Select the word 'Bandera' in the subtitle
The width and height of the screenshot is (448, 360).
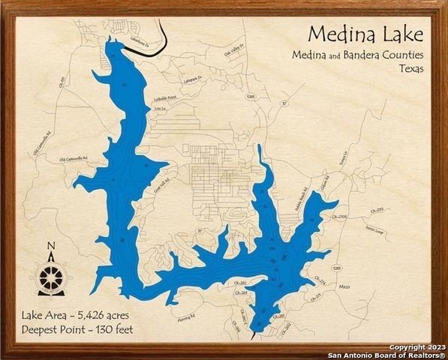click(x=365, y=55)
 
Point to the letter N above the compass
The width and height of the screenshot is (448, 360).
click(x=50, y=245)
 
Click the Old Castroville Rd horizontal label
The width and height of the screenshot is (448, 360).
click(x=74, y=159)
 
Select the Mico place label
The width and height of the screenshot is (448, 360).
click(x=344, y=286)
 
